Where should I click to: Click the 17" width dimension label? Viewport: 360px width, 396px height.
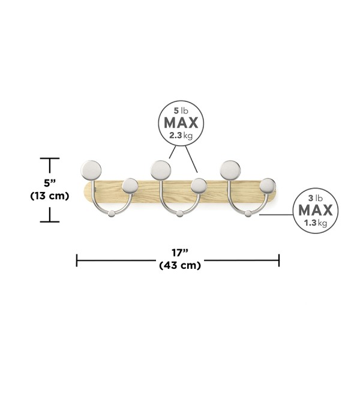[180, 253]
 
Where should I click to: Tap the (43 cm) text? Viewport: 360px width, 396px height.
[180, 265]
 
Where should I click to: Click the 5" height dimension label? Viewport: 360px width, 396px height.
[50, 183]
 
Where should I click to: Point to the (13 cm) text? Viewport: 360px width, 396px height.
[50, 196]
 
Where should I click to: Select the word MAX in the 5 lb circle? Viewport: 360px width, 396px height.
[181, 123]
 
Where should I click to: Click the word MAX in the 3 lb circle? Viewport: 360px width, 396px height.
[316, 210]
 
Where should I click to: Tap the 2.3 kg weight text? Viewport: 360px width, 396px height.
[181, 136]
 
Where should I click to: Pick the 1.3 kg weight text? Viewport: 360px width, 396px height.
[316, 223]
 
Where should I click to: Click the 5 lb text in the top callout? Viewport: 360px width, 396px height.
[181, 110]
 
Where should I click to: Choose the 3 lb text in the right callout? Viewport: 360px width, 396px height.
[316, 198]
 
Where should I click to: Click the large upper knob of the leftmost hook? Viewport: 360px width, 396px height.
[91, 170]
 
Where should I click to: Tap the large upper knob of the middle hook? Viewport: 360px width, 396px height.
[161, 170]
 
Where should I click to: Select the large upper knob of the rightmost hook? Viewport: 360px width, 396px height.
[230, 170]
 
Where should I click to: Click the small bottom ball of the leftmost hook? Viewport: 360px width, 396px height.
[112, 214]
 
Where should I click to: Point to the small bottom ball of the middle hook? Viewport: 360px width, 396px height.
[179, 214]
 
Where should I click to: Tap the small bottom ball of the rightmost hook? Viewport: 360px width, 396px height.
[248, 214]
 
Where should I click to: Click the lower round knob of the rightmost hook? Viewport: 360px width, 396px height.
[268, 186]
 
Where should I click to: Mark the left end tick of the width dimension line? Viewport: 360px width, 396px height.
[77, 260]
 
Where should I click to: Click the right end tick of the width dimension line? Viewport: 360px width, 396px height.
[279, 260]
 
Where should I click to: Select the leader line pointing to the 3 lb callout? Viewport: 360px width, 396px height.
[276, 215]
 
